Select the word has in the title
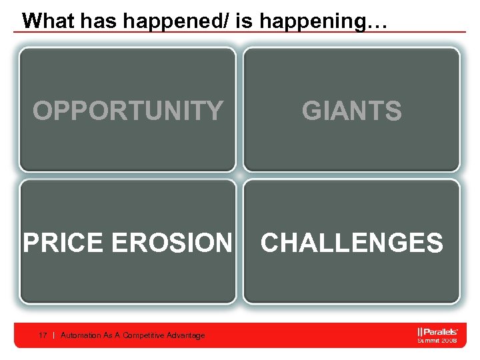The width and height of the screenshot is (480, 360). [97, 20]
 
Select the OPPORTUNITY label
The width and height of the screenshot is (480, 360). [128, 111]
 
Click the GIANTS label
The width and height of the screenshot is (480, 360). [352, 111]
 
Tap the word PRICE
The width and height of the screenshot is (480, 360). [65, 243]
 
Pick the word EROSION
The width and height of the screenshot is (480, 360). [173, 243]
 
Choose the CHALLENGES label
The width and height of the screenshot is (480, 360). [352, 243]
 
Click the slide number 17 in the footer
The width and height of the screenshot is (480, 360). [43, 335]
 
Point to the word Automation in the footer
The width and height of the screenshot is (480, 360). [80, 335]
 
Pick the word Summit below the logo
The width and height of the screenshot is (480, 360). [429, 340]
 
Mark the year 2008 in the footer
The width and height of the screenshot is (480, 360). [449, 340]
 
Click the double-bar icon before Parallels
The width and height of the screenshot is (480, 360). [419, 331]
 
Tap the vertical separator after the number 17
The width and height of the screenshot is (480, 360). [53, 335]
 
